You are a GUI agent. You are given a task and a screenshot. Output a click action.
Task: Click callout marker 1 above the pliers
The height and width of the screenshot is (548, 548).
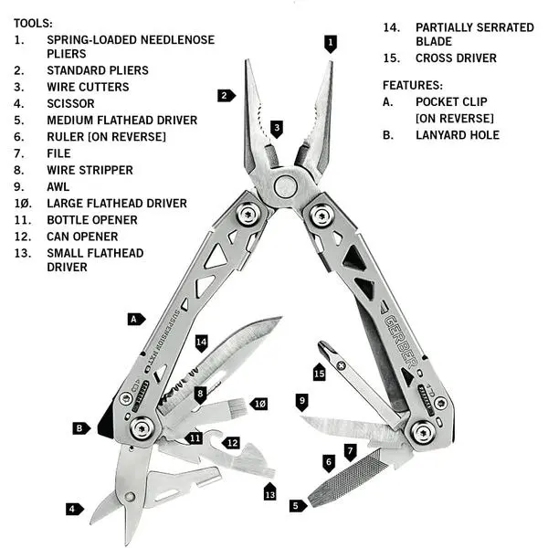330,42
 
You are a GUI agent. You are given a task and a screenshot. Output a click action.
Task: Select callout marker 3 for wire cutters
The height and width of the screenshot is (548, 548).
277,128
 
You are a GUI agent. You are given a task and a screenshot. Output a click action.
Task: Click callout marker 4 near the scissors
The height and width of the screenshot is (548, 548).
71,508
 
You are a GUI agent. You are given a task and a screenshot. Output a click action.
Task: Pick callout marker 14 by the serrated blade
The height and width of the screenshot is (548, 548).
202,342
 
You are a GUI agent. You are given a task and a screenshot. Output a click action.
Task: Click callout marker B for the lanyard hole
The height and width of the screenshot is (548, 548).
81,427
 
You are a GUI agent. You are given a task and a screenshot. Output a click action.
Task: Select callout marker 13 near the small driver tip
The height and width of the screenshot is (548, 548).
269,493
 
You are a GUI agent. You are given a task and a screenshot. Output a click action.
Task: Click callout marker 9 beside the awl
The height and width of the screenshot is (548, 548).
302,400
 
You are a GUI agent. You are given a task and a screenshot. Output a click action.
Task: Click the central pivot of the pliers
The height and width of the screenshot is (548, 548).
285,187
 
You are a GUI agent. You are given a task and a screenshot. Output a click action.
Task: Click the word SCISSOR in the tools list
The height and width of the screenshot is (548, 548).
71,103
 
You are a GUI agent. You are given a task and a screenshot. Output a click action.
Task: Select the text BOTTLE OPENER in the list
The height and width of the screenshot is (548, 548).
92,220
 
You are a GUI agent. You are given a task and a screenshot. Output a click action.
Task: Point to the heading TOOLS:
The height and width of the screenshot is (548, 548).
33,22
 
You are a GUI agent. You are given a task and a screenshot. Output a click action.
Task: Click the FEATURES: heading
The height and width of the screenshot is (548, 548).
413,85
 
